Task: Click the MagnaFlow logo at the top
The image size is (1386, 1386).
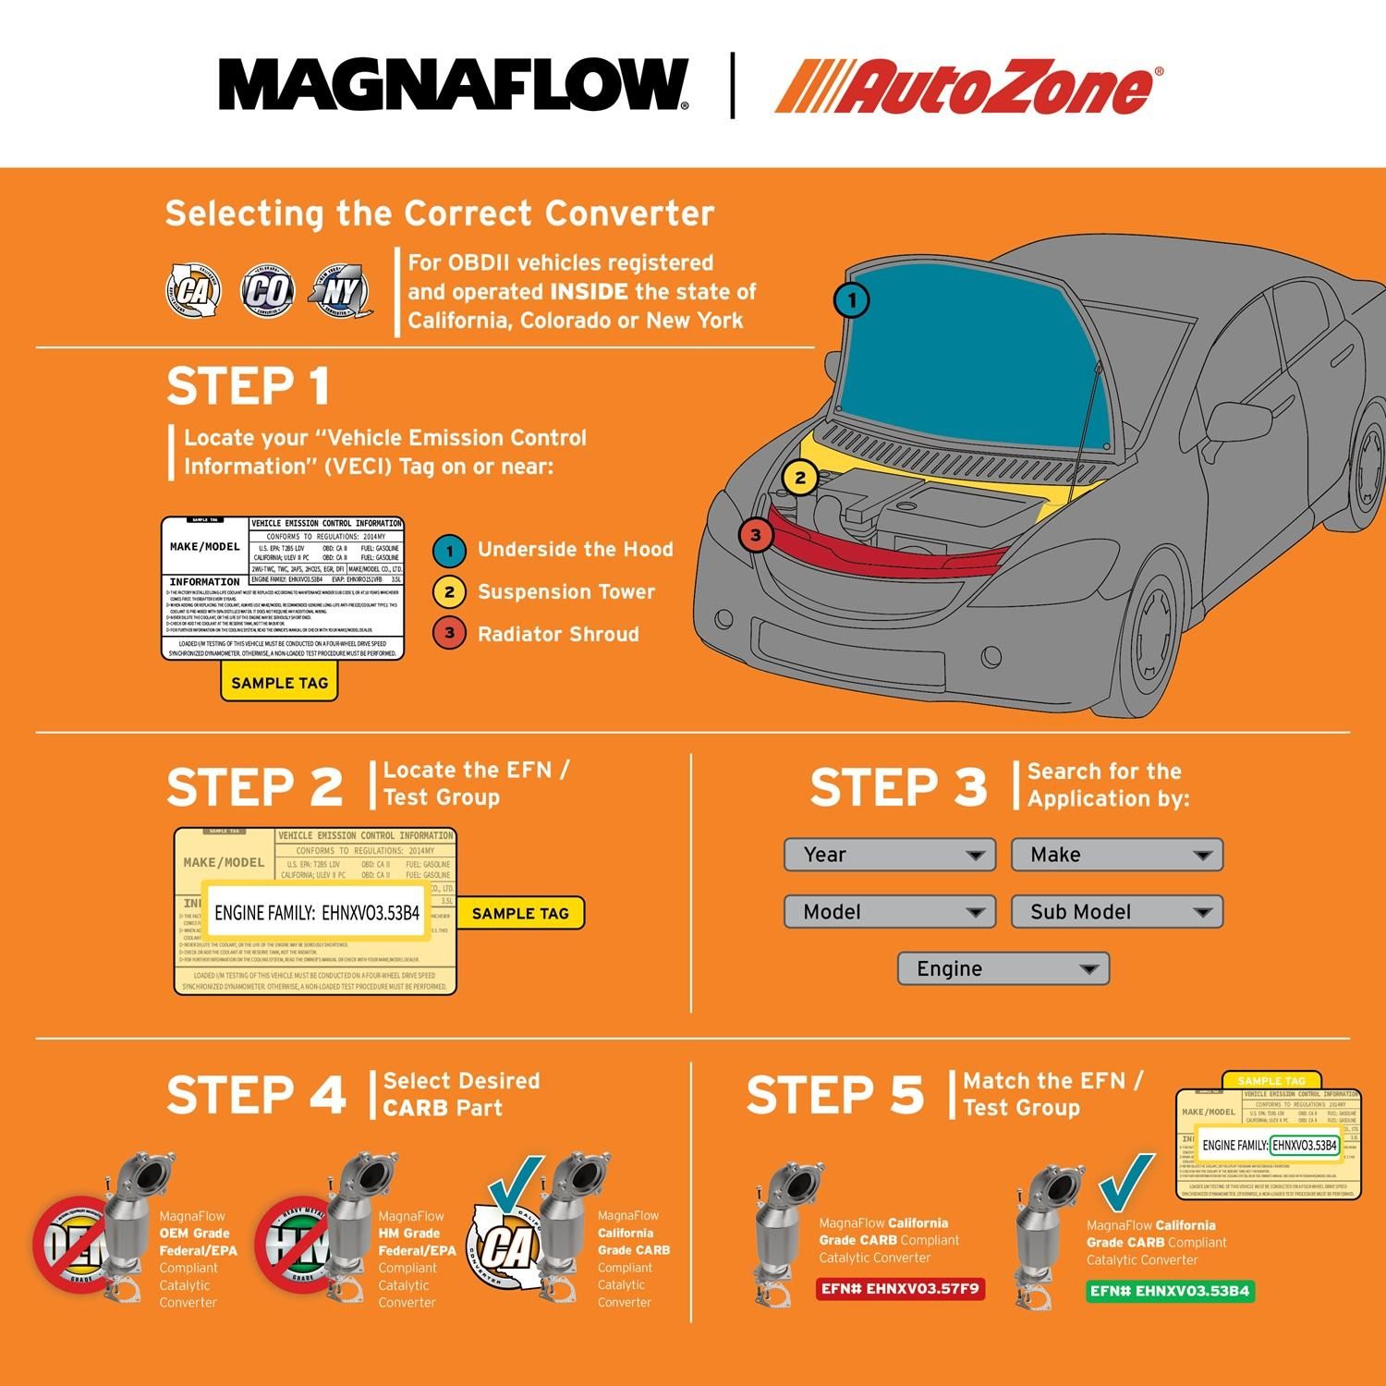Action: point(453,85)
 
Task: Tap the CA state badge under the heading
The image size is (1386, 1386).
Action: point(193,291)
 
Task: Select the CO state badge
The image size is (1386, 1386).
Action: point(267,291)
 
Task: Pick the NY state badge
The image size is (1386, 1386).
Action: point(340,291)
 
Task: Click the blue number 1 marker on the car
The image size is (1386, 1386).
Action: point(851,300)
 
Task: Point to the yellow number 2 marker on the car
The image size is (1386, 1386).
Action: point(799,478)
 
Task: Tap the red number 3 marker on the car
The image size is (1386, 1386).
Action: point(755,534)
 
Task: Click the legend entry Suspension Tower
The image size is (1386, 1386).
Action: point(565,592)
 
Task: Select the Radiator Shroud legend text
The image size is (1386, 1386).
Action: point(558,635)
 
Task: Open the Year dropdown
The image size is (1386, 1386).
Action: point(889,855)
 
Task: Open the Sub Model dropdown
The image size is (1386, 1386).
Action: point(1116,912)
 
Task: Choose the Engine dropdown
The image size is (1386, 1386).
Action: point(1003,968)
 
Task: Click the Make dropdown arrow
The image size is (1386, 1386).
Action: point(1201,856)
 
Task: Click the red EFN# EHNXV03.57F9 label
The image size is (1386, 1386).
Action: point(899,1289)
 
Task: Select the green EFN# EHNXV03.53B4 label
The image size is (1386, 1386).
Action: point(1169,1291)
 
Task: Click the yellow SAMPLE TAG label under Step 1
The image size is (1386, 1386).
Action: point(279,683)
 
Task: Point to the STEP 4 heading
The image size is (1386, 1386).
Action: point(256,1096)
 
